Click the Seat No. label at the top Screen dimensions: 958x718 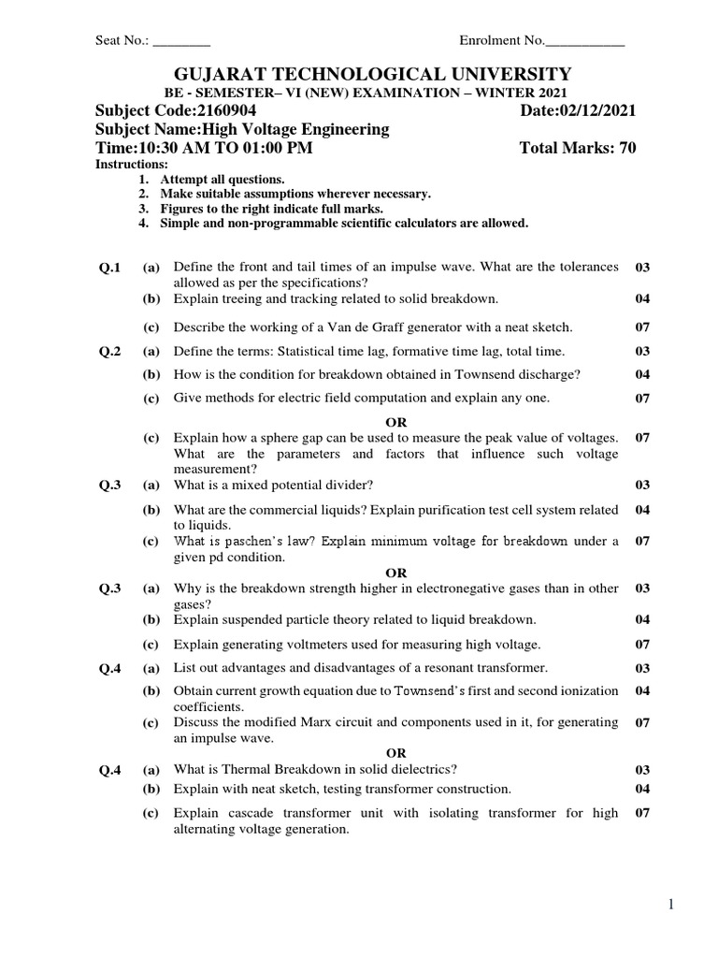coord(122,40)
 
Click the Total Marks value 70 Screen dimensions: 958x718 coord(626,149)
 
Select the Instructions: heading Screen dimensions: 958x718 coord(132,165)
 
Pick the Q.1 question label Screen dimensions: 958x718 coord(110,269)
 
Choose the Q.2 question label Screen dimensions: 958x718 coord(110,352)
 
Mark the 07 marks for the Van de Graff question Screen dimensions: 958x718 coord(642,327)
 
